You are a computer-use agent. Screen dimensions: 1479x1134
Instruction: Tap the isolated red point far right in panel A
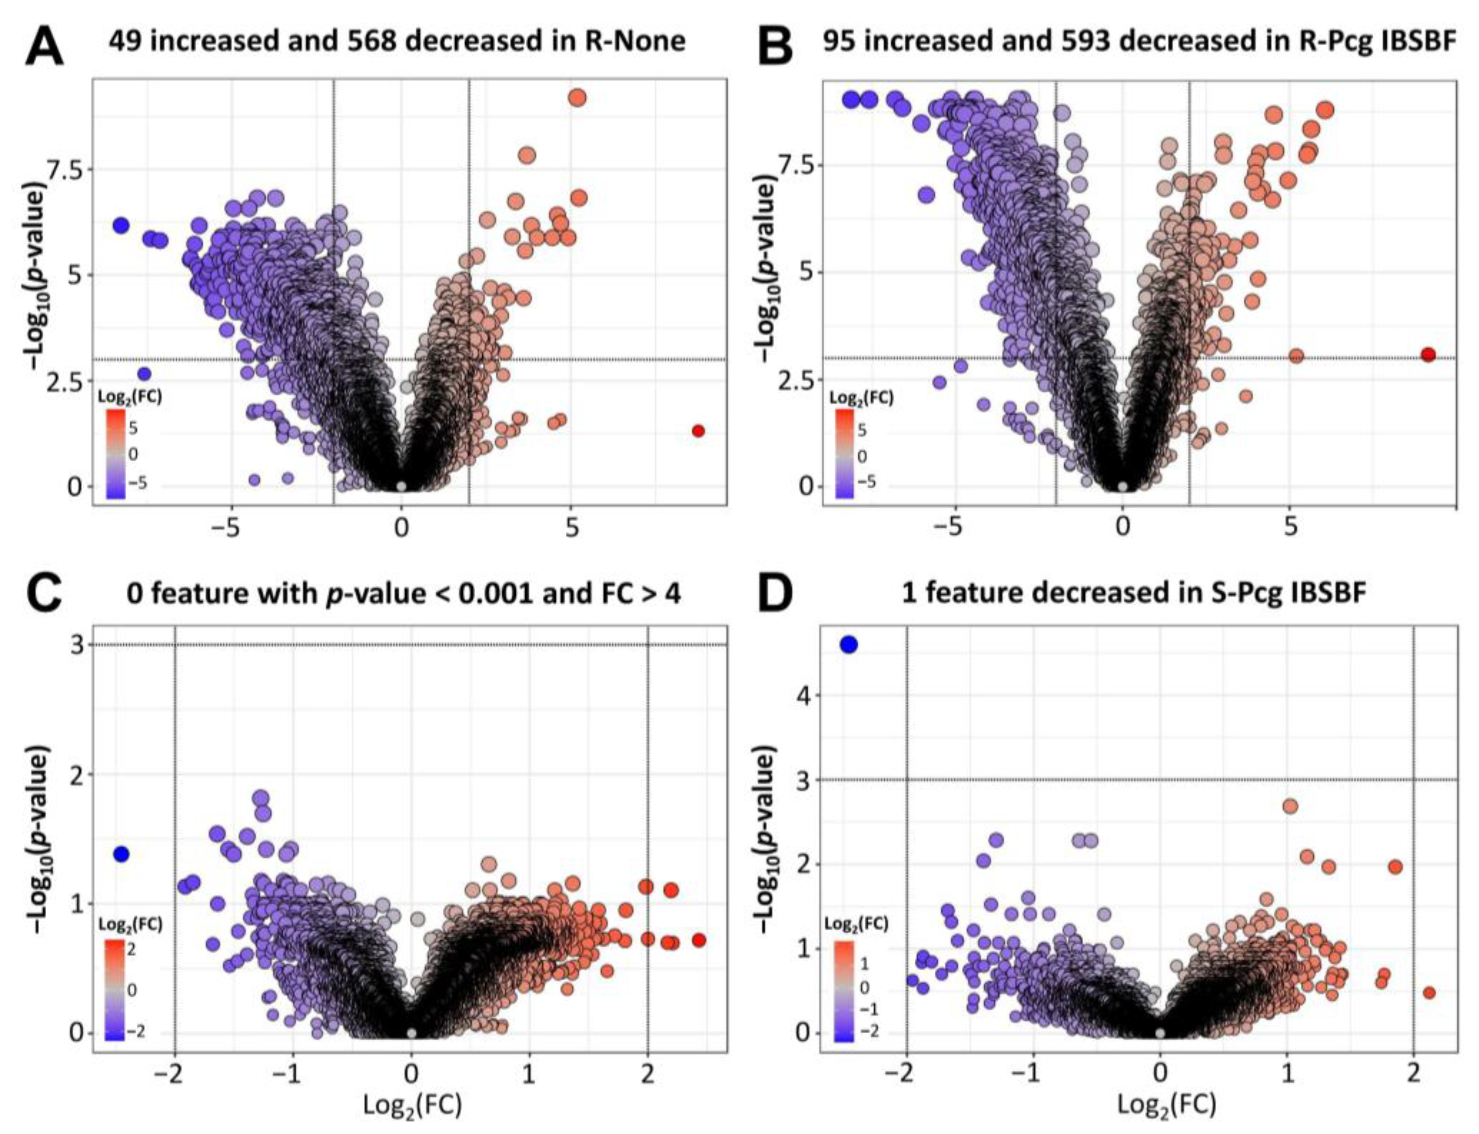click(698, 431)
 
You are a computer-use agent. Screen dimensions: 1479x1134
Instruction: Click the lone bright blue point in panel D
click(849, 645)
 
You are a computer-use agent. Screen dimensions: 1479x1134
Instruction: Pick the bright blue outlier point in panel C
click(121, 854)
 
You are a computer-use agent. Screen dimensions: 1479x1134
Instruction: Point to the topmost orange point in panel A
click(577, 98)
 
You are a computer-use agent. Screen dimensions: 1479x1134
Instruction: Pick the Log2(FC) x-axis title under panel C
click(412, 1104)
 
